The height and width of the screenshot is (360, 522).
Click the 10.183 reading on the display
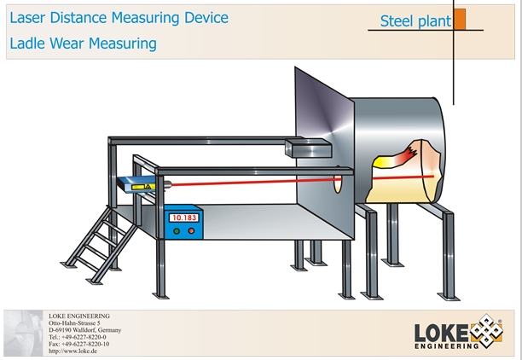pyautogui.click(x=184, y=218)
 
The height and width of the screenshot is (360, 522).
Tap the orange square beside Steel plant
pyautogui.click(x=460, y=19)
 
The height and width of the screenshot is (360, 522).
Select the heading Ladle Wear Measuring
pyautogui.click(x=84, y=43)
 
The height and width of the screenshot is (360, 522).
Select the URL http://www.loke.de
pyautogui.click(x=75, y=351)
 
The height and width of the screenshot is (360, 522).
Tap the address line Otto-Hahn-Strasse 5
pyautogui.click(x=75, y=324)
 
